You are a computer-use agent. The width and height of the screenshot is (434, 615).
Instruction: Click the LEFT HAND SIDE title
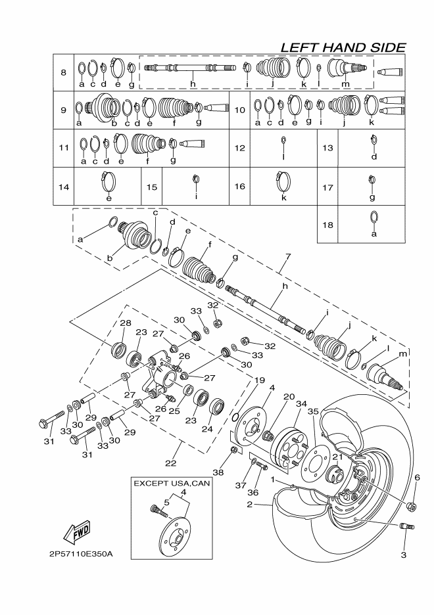342,47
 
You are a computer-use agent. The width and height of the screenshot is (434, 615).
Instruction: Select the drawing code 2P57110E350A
80,554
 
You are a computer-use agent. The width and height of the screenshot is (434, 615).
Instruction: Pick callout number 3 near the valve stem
403,555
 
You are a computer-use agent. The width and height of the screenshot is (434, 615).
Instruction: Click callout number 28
125,323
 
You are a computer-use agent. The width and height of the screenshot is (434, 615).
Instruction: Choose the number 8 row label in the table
63,72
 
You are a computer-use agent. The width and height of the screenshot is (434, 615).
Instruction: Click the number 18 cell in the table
328,223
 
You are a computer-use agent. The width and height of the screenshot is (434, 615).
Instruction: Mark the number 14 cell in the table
64,187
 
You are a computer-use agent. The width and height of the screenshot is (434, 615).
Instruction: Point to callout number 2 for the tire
250,505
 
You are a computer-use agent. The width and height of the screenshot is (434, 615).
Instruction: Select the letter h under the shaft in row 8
193,84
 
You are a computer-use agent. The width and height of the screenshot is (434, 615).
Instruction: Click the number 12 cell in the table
239,148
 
